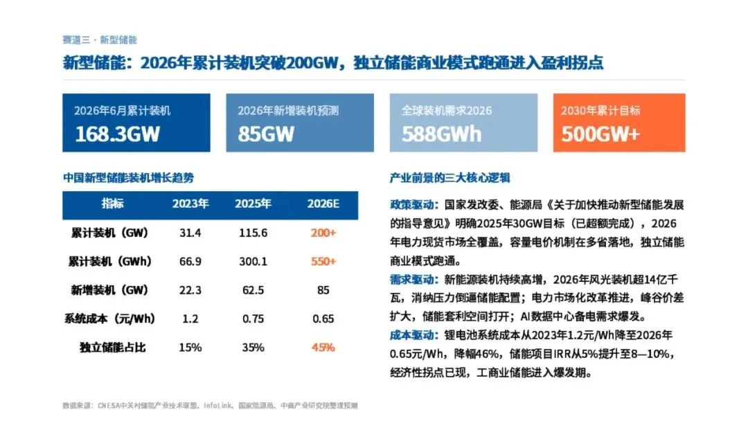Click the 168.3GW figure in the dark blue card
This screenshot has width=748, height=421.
(x=117, y=134)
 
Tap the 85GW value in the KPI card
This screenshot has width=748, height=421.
(x=266, y=134)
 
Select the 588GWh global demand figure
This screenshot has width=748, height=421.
(x=441, y=134)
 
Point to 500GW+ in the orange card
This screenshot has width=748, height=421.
(x=600, y=134)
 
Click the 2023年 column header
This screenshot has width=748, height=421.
(x=190, y=204)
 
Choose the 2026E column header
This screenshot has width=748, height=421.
(x=323, y=204)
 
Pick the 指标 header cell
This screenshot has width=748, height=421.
(x=113, y=204)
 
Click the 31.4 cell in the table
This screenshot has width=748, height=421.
(x=190, y=233)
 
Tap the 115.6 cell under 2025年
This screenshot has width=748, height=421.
(x=253, y=233)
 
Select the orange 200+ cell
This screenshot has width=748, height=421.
(x=323, y=233)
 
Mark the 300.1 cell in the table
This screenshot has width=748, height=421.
(x=253, y=262)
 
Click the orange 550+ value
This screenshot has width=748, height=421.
(x=323, y=262)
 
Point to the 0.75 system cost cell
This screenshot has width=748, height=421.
(x=253, y=319)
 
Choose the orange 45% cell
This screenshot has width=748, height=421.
(x=323, y=348)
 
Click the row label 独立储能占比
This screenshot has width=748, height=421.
(x=113, y=348)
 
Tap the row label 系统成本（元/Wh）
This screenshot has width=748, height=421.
(x=109, y=319)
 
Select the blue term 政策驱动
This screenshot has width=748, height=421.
(x=412, y=205)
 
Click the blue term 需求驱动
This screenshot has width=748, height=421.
(x=412, y=279)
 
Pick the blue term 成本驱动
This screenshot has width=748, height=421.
(x=412, y=335)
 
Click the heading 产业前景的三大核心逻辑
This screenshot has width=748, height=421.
(x=450, y=178)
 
